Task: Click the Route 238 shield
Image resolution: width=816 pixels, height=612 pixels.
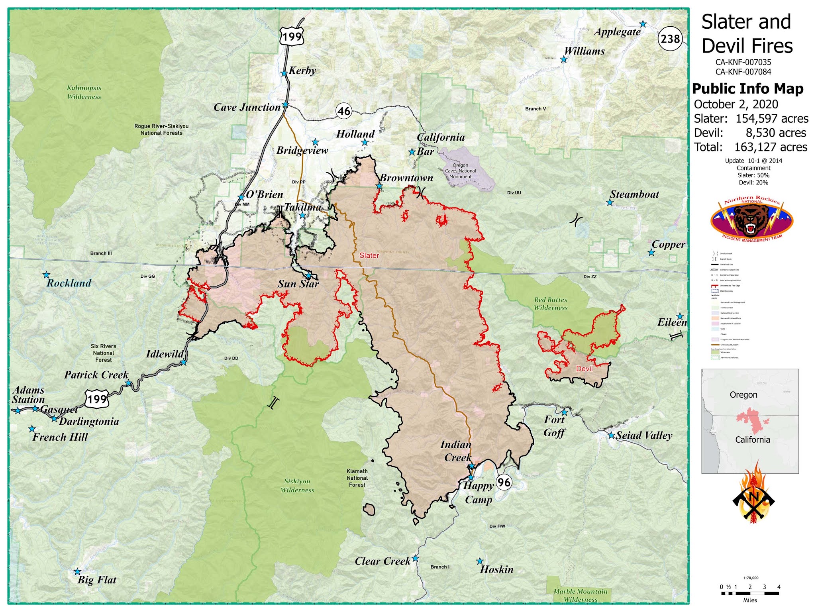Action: click(670, 39)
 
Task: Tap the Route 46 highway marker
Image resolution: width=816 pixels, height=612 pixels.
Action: click(344, 111)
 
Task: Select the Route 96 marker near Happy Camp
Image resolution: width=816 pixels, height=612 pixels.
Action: click(504, 483)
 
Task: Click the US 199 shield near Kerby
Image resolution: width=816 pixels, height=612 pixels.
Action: click(292, 37)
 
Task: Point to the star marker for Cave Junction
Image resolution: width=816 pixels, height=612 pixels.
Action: click(285, 105)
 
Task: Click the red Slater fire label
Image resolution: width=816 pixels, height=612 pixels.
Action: click(369, 255)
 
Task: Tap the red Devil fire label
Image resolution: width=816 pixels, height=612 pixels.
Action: click(584, 369)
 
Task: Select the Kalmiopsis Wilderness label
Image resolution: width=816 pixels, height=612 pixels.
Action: click(84, 92)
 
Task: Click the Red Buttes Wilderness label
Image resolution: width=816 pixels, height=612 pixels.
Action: click(551, 304)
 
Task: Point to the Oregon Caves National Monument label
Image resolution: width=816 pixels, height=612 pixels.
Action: click(460, 171)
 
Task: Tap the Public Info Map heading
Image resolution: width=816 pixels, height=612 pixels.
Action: click(747, 88)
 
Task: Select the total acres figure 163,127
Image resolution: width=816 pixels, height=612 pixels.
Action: click(771, 147)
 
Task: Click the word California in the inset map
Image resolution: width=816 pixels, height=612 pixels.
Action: click(752, 439)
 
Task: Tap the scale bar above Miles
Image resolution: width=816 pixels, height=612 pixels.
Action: click(750, 593)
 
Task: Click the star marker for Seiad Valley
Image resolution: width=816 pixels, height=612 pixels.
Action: click(611, 435)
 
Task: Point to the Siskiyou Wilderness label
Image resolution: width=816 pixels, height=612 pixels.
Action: click(297, 486)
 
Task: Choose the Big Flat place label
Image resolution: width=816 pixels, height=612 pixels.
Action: click(97, 580)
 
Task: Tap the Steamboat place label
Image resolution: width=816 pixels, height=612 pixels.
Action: click(634, 194)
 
